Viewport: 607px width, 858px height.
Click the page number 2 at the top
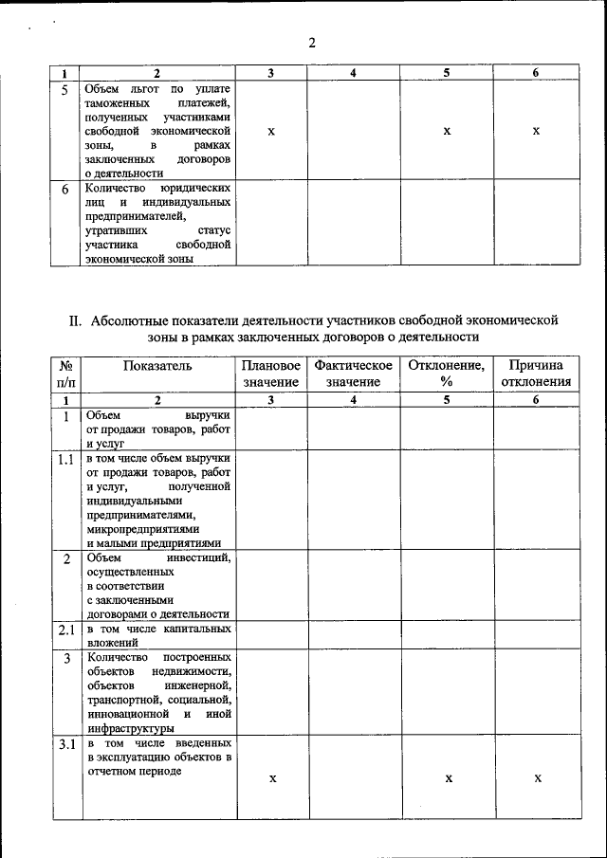[311, 43]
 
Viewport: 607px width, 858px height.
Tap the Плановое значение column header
[270, 374]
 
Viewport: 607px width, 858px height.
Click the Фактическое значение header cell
[353, 374]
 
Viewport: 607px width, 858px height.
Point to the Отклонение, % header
[446, 374]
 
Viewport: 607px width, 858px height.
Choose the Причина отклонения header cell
[536, 374]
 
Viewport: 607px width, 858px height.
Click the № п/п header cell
[66, 374]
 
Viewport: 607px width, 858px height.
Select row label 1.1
[66, 460]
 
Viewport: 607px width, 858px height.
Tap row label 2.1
[66, 630]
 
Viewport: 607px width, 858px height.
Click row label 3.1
[66, 744]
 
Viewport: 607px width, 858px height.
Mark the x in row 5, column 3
[271, 131]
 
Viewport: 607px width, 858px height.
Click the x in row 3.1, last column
[537, 778]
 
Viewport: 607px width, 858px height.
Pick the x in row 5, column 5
[446, 131]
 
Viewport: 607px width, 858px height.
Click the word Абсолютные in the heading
[133, 320]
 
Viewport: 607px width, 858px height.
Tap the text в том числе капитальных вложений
[157, 635]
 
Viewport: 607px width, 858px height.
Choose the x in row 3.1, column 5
[446, 778]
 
